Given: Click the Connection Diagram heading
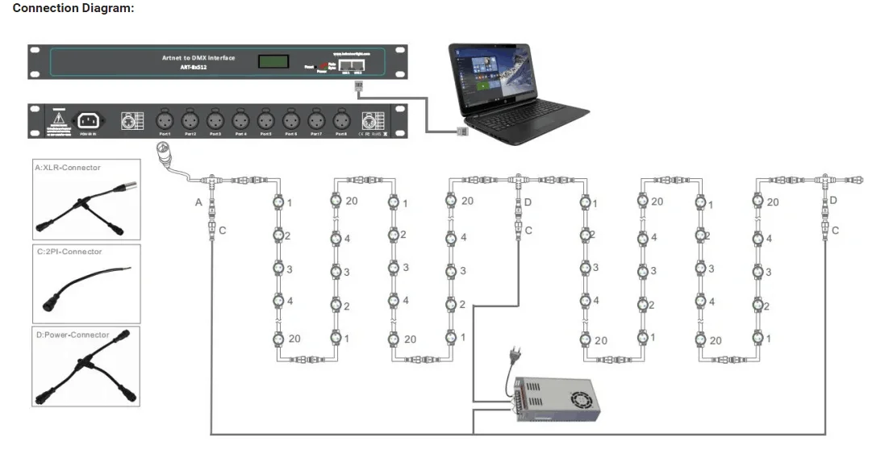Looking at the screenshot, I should pos(73,9).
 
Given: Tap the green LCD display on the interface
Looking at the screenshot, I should pos(269,61).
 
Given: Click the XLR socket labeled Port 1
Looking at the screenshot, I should pos(165,120).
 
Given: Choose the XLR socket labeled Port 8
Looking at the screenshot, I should pos(340,120).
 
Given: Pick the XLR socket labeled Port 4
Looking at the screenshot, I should pos(240,120).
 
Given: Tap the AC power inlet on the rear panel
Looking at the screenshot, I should pos(88,121).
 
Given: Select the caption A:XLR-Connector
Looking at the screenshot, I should pos(68,168).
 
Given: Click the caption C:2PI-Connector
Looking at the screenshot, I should pos(69,252).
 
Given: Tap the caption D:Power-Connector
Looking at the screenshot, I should pos(72,335).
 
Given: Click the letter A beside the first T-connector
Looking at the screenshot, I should pos(198,202).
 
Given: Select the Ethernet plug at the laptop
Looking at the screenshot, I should pos(463,132).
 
